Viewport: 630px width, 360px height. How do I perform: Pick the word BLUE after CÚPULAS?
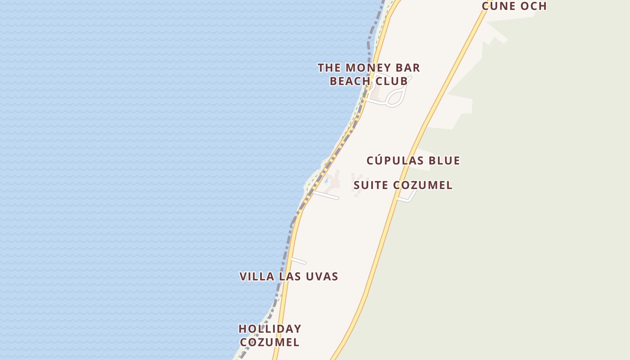click(x=444, y=161)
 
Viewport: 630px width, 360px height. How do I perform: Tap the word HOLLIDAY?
click(x=270, y=329)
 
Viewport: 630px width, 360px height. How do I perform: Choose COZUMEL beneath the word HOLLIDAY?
click(x=270, y=342)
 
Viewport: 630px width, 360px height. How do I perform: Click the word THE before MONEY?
click(x=329, y=68)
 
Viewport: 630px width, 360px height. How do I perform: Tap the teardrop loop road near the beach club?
click(x=396, y=97)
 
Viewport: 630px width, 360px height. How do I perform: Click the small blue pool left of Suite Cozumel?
click(x=326, y=181)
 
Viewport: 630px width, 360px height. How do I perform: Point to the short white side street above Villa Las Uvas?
click(x=299, y=261)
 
